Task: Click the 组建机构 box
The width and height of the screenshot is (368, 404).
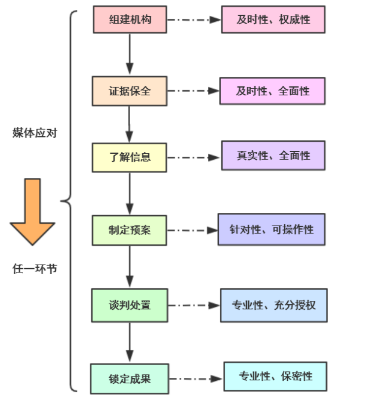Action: [130, 20]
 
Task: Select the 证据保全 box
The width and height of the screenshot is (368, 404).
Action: [130, 91]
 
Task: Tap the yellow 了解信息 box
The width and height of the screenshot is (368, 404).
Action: [130, 157]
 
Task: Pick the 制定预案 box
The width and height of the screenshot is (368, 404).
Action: [130, 230]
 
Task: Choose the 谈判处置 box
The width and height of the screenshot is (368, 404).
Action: [130, 305]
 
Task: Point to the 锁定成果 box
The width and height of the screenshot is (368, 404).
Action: [130, 378]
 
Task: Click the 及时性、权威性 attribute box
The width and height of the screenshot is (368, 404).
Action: [273, 20]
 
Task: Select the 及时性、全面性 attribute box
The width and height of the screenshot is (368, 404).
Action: [272, 91]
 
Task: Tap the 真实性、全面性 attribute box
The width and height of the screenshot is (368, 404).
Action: [273, 156]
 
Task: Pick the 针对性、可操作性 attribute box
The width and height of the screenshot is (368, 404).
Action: [271, 229]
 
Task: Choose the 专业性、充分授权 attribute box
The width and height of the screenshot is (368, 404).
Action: [273, 305]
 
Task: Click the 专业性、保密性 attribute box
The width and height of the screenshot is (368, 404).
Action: [275, 376]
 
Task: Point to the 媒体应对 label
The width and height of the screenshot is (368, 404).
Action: [34, 134]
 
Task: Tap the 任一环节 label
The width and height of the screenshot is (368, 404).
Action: [34, 269]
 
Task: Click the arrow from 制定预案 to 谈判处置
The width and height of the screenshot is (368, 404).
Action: [130, 266]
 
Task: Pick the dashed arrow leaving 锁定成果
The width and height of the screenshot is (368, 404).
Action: [195, 379]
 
